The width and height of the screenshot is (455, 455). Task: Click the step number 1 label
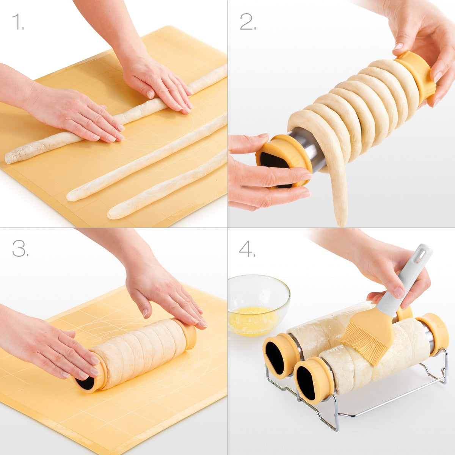point(18,22)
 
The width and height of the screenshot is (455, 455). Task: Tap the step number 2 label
point(248,22)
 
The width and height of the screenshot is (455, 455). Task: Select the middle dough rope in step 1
point(146,157)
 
